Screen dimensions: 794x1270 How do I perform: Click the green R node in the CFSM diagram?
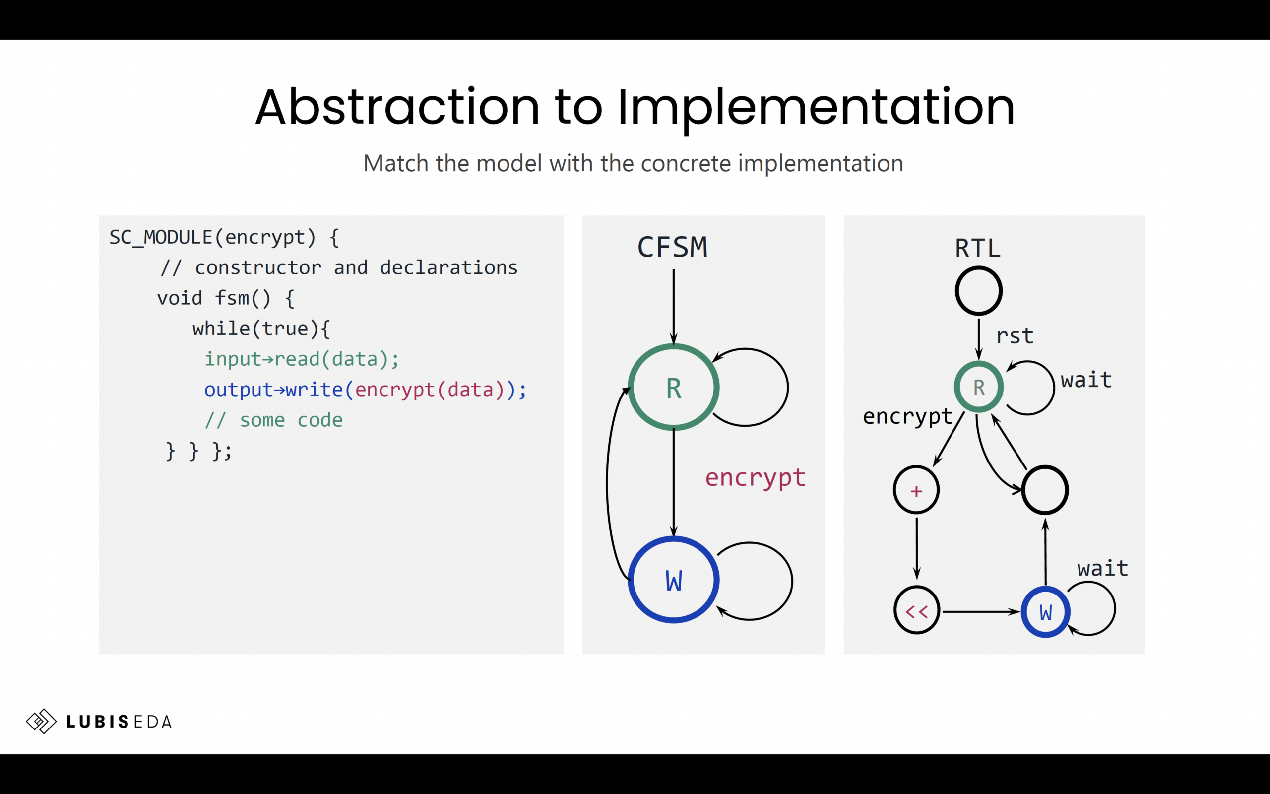[x=673, y=388]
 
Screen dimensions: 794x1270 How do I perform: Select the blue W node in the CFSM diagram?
[x=673, y=580]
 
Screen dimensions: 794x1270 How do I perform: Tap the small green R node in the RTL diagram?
[x=978, y=387]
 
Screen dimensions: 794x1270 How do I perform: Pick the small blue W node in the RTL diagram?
[x=1045, y=612]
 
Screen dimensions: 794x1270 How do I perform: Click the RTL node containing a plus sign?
[x=916, y=490]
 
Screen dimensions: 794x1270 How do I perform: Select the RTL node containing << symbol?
[x=916, y=611]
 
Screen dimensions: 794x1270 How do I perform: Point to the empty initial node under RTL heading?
[x=978, y=290]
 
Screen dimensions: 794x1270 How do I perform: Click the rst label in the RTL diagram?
[x=1015, y=336]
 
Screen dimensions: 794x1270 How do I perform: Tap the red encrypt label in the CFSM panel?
[x=755, y=478]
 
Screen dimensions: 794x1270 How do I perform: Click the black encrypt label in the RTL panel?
[x=907, y=417]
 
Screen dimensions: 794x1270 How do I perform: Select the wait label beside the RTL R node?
[x=1086, y=380]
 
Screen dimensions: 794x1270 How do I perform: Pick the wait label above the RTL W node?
[x=1103, y=568]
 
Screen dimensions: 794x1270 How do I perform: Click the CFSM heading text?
[x=672, y=247]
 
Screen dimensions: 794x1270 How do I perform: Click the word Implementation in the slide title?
[x=816, y=107]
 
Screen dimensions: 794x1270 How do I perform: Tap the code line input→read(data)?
[x=302, y=359]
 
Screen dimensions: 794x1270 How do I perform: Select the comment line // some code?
[x=273, y=420]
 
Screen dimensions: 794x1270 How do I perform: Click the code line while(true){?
[x=261, y=329]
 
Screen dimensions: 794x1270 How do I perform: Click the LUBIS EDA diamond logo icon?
[x=41, y=721]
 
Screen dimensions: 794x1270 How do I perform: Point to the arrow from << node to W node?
[x=980, y=612]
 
